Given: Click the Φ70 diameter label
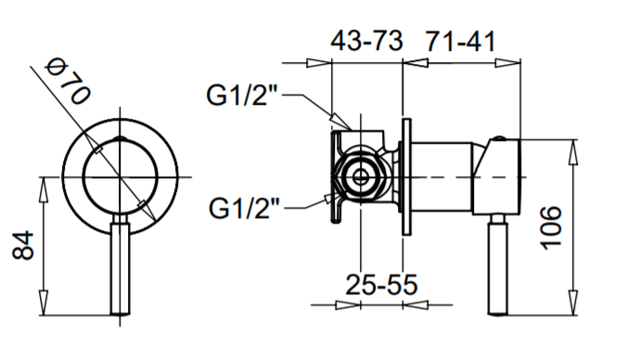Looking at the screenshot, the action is click(68, 82).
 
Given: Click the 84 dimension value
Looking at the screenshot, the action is click(23, 245).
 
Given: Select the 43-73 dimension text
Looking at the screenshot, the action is click(366, 41).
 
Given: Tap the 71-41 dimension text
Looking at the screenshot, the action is click(460, 41).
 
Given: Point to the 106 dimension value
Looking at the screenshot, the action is click(551, 228).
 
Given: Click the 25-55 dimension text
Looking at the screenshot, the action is click(381, 285).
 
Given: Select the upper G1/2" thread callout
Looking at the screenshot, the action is click(242, 95).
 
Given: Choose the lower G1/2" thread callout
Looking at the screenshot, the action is click(244, 208).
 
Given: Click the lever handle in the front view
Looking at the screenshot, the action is click(120, 264).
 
